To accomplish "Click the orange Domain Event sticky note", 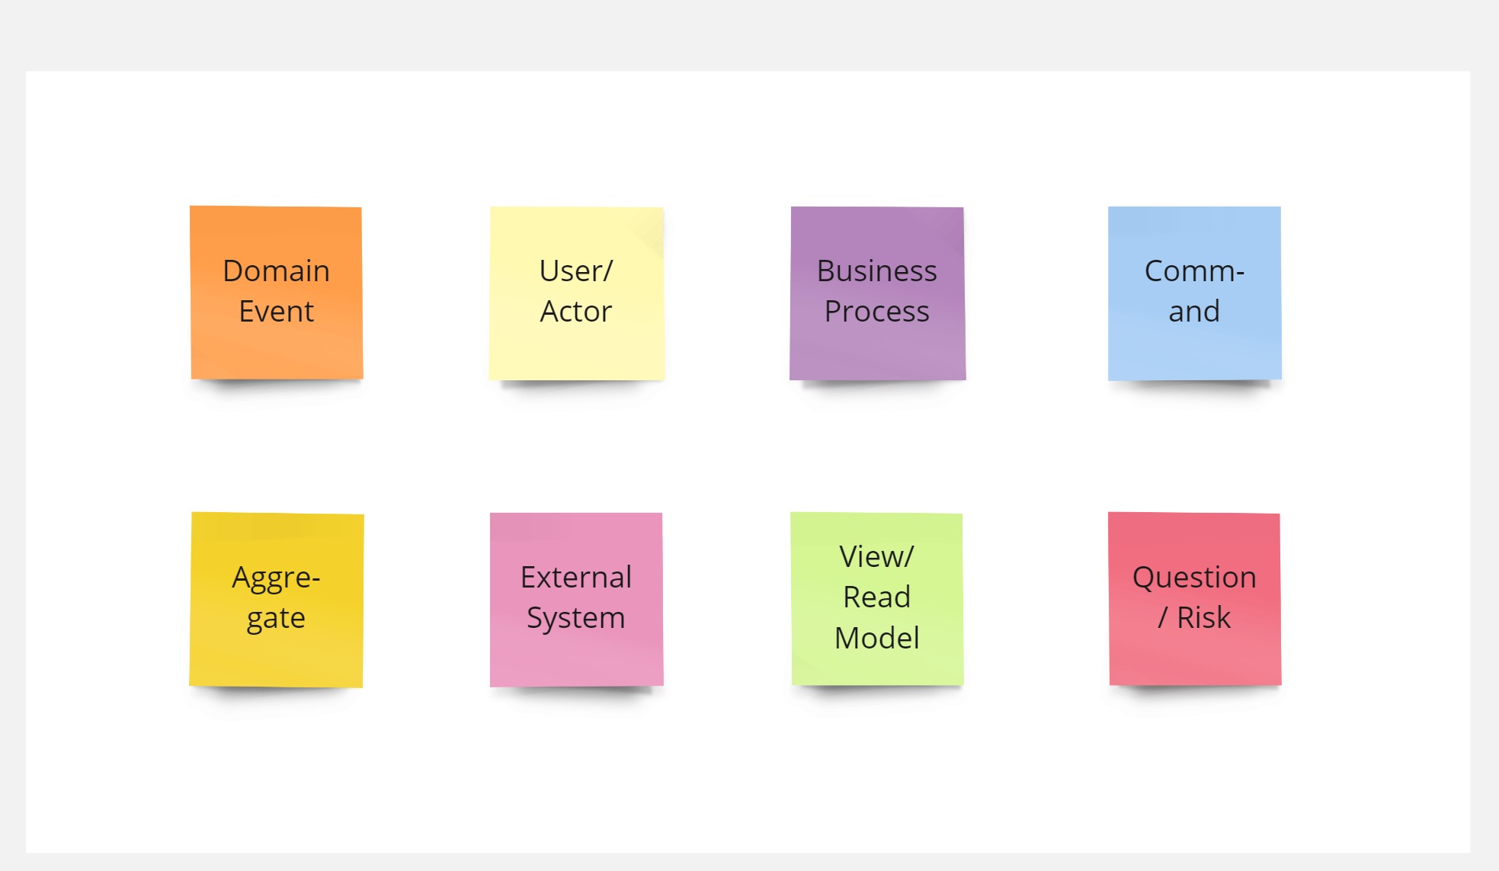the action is tap(277, 293).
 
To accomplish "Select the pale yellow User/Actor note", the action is tap(576, 293).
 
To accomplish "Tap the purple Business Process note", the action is tap(877, 293).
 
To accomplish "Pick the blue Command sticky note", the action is tap(1194, 293).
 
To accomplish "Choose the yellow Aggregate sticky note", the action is tap(277, 600).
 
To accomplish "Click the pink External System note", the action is tap(576, 600).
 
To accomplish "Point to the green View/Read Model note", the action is tap(877, 599).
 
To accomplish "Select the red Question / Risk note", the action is tap(1194, 599).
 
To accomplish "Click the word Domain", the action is tap(277, 271).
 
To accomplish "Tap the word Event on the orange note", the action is tap(277, 312).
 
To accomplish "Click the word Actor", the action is tap(576, 312).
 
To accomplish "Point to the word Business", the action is tap(877, 271).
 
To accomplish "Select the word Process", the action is tap(877, 312).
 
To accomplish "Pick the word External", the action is tap(576, 578).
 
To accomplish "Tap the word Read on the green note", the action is tap(877, 597).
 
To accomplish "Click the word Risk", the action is tap(1204, 618).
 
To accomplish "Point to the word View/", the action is tap(876, 557).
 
